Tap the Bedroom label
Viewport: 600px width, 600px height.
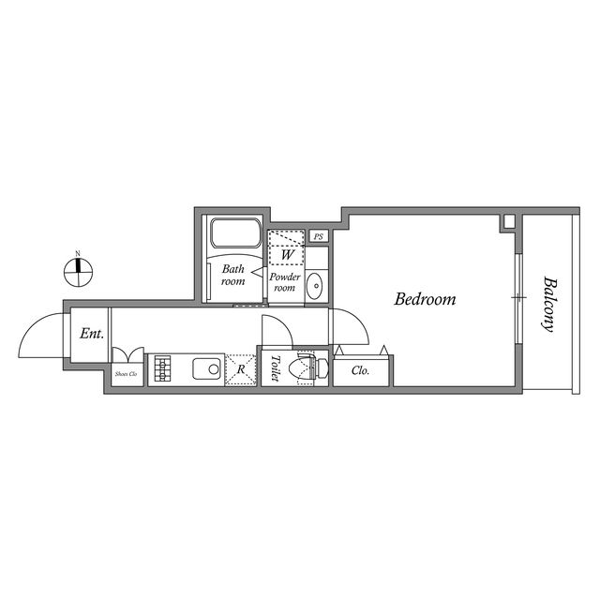tap(425, 300)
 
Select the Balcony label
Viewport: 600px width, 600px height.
tap(548, 304)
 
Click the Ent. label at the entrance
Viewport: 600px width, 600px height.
tap(91, 333)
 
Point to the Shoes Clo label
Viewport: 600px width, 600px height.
tap(127, 374)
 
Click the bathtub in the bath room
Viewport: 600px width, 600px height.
tap(235, 233)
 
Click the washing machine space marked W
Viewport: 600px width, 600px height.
tap(287, 250)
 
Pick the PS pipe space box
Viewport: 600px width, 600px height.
tap(319, 236)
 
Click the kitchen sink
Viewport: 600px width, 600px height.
tap(207, 368)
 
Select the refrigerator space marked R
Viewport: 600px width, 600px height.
tap(242, 368)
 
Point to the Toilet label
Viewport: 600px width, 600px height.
tap(275, 367)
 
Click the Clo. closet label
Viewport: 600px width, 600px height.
tap(360, 370)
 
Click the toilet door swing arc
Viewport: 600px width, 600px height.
tap(276, 330)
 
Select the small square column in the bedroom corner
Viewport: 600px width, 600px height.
tap(508, 223)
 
